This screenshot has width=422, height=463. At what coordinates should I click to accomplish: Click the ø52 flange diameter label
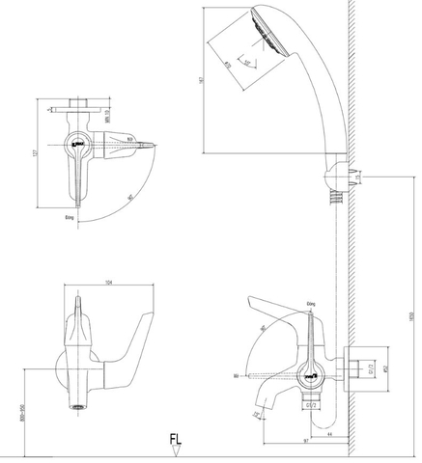[384, 367]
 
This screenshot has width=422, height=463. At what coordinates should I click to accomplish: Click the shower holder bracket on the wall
[334, 178]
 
